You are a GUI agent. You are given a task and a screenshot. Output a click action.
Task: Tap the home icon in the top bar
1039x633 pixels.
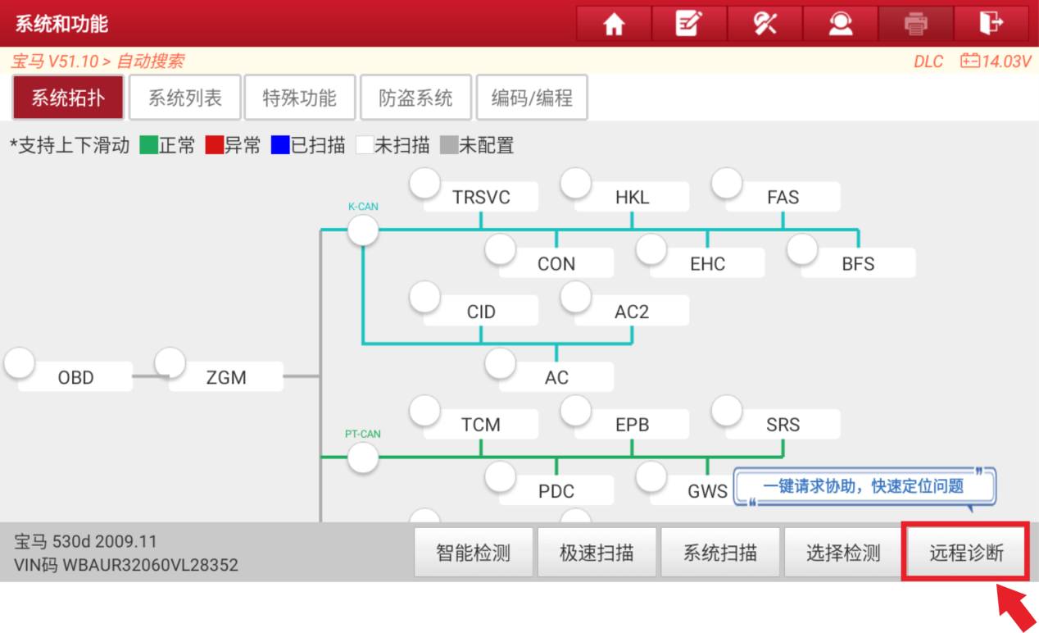click(614, 24)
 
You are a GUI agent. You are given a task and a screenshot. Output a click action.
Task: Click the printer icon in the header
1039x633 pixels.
click(915, 24)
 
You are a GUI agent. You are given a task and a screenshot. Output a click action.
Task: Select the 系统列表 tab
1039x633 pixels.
click(184, 98)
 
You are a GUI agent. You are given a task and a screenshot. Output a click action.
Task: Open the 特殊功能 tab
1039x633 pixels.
click(300, 98)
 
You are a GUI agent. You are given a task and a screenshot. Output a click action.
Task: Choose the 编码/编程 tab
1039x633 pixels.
click(532, 98)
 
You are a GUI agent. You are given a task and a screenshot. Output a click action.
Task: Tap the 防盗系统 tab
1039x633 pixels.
click(415, 98)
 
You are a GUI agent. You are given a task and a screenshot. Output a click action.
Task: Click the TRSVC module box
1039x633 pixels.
click(481, 198)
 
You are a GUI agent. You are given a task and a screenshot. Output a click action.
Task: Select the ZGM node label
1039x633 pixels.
click(226, 377)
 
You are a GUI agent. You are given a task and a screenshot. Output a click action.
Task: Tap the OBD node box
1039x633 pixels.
click(75, 377)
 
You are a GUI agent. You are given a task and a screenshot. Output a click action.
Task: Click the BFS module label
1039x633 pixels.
click(858, 263)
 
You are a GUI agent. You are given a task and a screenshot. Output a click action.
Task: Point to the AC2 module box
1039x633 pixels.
click(632, 311)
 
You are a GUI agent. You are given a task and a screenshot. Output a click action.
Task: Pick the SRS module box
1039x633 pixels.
click(783, 424)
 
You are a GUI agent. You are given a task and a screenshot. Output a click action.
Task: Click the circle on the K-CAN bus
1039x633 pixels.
click(363, 230)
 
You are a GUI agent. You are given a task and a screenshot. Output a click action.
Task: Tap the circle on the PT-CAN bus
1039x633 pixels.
click(363, 458)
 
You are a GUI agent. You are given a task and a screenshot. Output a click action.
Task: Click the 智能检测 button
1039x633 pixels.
click(473, 553)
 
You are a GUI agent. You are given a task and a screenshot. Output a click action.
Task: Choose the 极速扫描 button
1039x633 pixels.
click(597, 553)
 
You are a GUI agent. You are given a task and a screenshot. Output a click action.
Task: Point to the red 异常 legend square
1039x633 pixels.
click(215, 145)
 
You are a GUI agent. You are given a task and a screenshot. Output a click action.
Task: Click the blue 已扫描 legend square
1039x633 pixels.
click(280, 145)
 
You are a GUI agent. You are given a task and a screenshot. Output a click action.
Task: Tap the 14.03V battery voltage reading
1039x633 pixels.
click(1005, 61)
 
